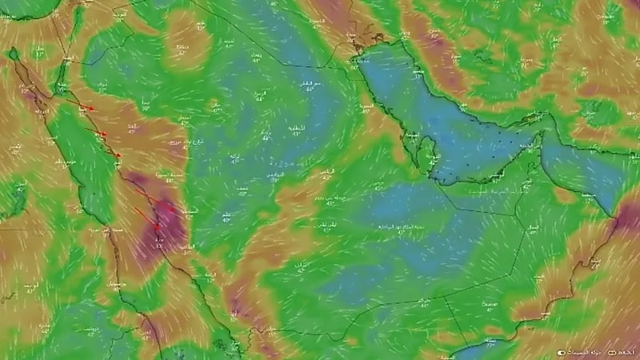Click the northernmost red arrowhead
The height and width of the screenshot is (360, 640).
(x=92, y=109)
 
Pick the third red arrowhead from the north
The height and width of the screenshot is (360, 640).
(x=118, y=155)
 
